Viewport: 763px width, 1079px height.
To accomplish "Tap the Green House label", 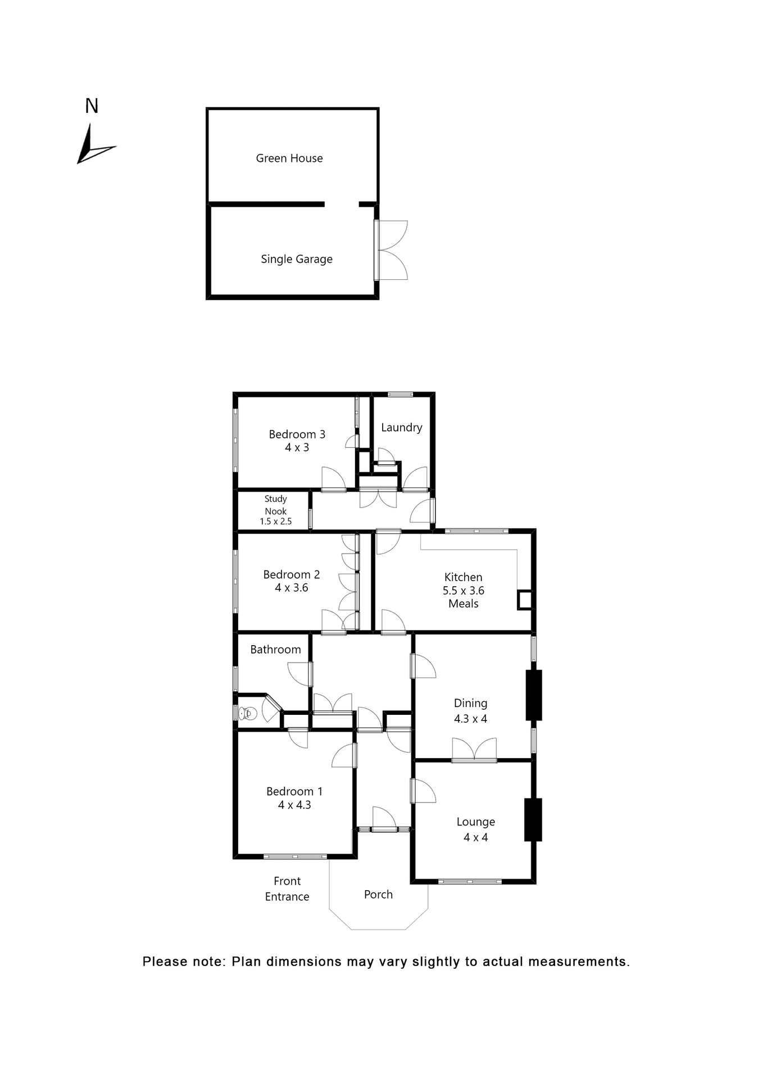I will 289,158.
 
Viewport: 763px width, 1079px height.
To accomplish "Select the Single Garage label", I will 297,259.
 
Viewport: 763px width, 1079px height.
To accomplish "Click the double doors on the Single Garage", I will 392,250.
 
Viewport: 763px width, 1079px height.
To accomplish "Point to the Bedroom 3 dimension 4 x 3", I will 297,448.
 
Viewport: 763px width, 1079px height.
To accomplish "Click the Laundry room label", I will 401,428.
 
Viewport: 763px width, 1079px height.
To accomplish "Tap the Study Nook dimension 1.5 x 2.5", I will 275,522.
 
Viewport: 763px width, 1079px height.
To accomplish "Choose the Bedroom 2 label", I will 292,574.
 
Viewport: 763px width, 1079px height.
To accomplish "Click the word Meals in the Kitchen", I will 464,604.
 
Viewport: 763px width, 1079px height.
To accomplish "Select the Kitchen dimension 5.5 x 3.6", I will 464,591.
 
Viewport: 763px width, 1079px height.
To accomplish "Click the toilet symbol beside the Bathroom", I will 248,714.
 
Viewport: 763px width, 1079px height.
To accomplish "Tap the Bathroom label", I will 275,650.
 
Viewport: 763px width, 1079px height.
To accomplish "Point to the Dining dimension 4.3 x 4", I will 471,719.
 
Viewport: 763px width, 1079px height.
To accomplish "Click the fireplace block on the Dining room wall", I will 534,695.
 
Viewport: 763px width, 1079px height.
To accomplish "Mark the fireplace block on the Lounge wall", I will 533,819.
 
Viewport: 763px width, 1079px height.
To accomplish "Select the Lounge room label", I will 476,822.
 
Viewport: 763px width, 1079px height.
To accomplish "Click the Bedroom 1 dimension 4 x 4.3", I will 294,805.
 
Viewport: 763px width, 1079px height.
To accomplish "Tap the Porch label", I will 378,895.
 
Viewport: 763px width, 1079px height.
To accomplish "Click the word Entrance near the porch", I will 287,896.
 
